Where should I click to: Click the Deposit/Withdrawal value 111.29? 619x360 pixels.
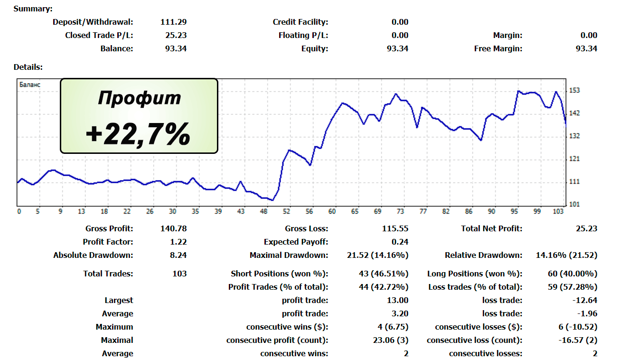click(x=174, y=22)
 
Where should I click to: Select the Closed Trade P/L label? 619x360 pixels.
click(x=99, y=35)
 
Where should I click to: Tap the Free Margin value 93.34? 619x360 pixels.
click(x=586, y=48)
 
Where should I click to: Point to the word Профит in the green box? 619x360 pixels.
click(x=139, y=98)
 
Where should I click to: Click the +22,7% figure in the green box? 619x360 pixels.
click(x=138, y=133)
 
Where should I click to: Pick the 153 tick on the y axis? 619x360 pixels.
click(x=575, y=90)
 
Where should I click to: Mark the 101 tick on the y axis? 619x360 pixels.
click(x=575, y=205)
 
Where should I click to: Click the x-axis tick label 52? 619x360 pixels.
click(x=286, y=212)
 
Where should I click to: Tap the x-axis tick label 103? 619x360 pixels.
click(x=560, y=212)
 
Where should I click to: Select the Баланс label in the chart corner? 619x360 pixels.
click(x=29, y=85)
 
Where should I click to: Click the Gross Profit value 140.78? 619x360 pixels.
click(x=174, y=228)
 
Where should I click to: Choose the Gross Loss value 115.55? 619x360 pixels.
click(x=395, y=228)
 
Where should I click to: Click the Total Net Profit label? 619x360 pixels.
click(x=491, y=228)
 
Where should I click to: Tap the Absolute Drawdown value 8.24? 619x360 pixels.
click(x=178, y=255)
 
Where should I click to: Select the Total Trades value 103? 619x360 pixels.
click(x=180, y=274)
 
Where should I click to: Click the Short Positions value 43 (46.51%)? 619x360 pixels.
click(x=383, y=274)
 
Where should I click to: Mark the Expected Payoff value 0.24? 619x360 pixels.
click(x=400, y=242)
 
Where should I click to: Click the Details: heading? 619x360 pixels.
click(x=28, y=67)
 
